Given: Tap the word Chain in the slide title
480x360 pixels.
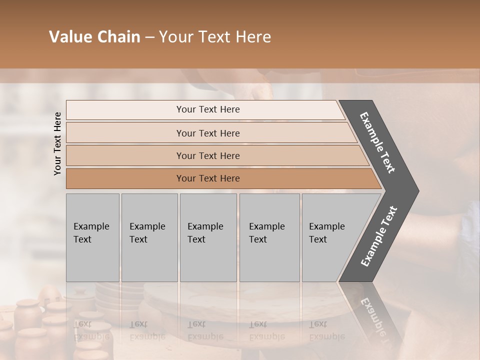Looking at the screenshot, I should (x=119, y=37).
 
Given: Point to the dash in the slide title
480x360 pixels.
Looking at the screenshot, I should (x=149, y=37).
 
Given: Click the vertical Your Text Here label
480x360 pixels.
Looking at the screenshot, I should (x=57, y=143).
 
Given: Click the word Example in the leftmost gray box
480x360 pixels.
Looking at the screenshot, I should (x=91, y=226).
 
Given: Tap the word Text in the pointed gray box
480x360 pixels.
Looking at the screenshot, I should (x=317, y=239).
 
